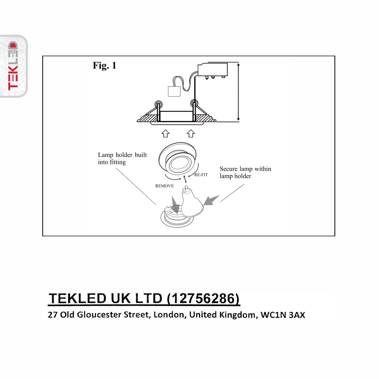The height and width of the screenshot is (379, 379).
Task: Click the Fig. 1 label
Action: (104, 65)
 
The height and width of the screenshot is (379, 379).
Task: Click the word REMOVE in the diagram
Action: (165, 186)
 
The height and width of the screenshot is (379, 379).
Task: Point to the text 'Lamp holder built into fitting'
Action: (122, 158)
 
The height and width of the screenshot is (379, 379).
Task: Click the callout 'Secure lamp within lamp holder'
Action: (245, 172)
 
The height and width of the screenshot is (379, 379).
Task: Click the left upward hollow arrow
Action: (165, 133)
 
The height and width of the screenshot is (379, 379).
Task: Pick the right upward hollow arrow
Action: (191, 133)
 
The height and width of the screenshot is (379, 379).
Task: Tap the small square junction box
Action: (174, 91)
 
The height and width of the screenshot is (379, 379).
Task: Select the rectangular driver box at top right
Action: (213, 69)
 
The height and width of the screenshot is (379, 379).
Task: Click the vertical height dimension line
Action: (238, 92)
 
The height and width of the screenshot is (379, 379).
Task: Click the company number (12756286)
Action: (203, 299)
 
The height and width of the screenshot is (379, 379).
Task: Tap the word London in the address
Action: (168, 315)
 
